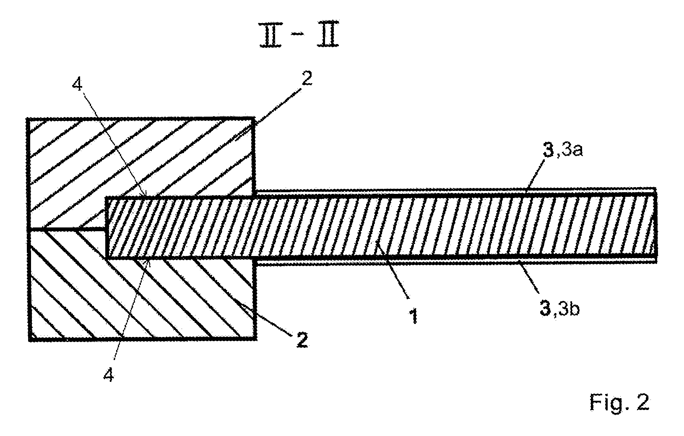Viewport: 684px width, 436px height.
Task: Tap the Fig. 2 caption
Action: [x=619, y=402]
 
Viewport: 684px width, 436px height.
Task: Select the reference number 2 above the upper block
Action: [x=307, y=79]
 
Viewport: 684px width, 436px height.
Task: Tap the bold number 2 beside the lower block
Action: [x=302, y=340]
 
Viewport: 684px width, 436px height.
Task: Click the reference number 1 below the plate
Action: [x=414, y=316]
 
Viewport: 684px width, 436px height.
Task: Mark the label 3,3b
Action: [x=559, y=309]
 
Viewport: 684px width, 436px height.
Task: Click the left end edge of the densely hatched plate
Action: [x=106, y=228]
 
